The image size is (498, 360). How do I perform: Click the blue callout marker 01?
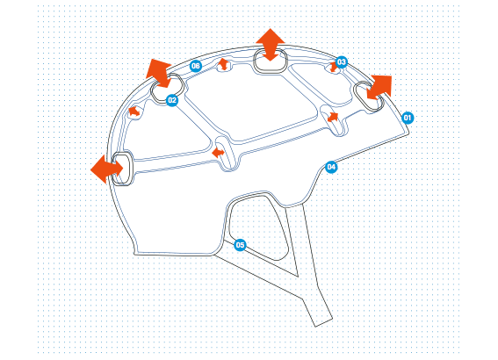click(x=408, y=118)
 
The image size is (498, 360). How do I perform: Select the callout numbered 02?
click(x=172, y=100)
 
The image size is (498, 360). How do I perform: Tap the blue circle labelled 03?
click(x=341, y=62)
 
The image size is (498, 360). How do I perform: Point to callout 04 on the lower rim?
click(x=331, y=167)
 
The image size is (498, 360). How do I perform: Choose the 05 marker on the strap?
click(x=240, y=245)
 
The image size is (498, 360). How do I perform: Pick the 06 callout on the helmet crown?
click(x=196, y=66)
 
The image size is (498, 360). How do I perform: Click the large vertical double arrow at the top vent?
click(x=271, y=45)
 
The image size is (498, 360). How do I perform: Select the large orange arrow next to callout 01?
click(x=379, y=87)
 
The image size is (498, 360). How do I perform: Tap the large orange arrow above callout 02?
click(x=160, y=74)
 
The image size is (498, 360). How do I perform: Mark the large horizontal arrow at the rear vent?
click(x=107, y=169)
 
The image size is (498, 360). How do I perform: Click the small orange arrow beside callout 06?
click(x=224, y=64)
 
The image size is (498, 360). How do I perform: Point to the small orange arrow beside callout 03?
click(x=333, y=67)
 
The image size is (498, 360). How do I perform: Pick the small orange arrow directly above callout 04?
click(x=333, y=117)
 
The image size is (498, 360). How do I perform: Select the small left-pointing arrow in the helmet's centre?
click(x=218, y=153)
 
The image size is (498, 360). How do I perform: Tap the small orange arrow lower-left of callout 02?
click(x=134, y=112)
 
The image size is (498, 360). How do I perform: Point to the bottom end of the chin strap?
click(x=324, y=322)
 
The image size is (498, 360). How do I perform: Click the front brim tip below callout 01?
click(x=408, y=133)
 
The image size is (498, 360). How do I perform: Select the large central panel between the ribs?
click(x=251, y=104)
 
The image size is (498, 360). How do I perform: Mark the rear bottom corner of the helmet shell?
click(x=134, y=254)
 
